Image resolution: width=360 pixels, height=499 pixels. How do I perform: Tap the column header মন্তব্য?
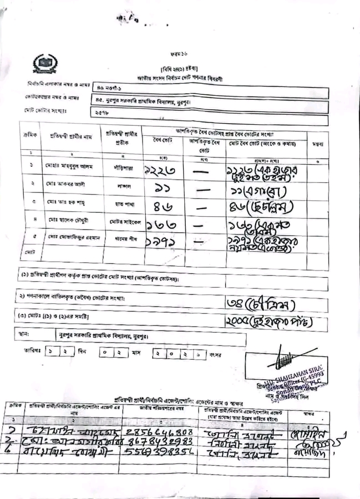coord(318,144)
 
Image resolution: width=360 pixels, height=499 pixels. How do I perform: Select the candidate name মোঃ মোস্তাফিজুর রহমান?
coord(72,238)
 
